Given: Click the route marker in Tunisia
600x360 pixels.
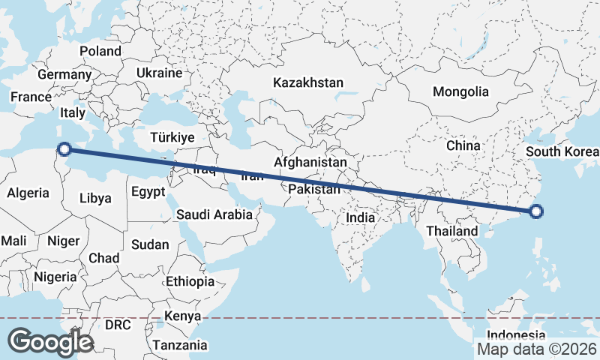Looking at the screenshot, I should pyautogui.click(x=65, y=148).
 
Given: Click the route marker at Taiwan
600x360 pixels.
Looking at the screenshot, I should pyautogui.click(x=535, y=211).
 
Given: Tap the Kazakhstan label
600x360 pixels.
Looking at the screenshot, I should pyautogui.click(x=308, y=82).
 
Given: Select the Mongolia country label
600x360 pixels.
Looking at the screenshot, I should pyautogui.click(x=460, y=91).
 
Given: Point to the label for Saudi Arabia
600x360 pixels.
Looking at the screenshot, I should pyautogui.click(x=215, y=214).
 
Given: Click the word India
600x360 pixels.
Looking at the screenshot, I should pyautogui.click(x=360, y=217).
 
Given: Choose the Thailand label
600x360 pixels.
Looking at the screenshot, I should pyautogui.click(x=452, y=231).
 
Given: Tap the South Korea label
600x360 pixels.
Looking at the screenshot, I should pyautogui.click(x=562, y=152).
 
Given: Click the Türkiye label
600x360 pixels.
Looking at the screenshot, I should pyautogui.click(x=172, y=138).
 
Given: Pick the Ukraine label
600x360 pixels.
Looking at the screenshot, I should pyautogui.click(x=159, y=73).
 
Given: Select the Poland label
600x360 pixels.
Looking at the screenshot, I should pyautogui.click(x=100, y=51).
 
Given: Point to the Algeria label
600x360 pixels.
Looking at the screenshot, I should pyautogui.click(x=28, y=193).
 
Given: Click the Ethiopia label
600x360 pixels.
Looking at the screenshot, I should pyautogui.click(x=190, y=281).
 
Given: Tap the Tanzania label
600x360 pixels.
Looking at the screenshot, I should pyautogui.click(x=180, y=345).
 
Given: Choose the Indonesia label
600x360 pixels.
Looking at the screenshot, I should pyautogui.click(x=516, y=334).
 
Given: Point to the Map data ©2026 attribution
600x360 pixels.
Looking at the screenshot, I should pyautogui.click(x=536, y=349).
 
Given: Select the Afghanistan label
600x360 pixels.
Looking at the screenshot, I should pyautogui.click(x=310, y=162).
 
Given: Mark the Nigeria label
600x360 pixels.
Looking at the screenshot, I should pyautogui.click(x=54, y=277).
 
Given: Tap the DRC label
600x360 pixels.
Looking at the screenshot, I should pyautogui.click(x=118, y=325).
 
